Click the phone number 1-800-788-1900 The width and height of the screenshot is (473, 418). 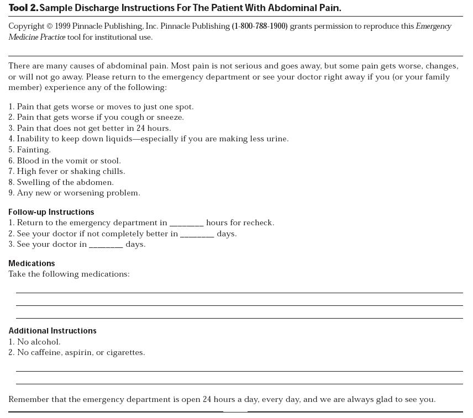click(x=260, y=27)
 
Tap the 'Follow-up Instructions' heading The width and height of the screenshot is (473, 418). click(x=51, y=212)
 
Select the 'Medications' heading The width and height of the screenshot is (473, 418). click(x=31, y=263)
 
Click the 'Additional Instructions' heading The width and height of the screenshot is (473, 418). click(x=52, y=331)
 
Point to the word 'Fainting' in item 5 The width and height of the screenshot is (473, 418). click(x=33, y=150)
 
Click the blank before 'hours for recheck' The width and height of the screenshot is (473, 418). click(x=187, y=224)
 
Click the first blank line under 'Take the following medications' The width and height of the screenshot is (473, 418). click(x=239, y=292)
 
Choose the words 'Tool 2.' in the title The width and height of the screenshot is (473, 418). click(x=23, y=8)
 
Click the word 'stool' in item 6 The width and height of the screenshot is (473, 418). click(x=110, y=161)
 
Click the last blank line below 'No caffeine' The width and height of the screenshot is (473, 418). click(x=239, y=383)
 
